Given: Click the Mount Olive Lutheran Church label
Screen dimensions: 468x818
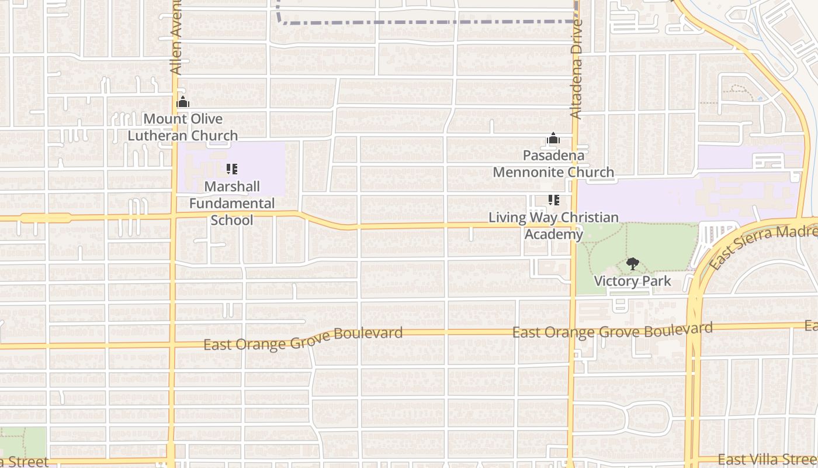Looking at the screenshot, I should (183, 127).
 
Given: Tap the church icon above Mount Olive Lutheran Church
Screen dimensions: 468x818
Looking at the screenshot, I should (183, 102).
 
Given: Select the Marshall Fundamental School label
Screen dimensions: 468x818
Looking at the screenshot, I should (232, 203).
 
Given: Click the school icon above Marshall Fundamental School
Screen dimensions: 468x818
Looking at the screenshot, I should (232, 169).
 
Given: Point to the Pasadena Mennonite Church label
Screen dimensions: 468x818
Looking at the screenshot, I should (553, 164).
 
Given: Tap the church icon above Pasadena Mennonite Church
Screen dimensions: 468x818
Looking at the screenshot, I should (553, 139).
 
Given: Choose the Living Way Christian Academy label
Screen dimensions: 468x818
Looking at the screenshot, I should (553, 226).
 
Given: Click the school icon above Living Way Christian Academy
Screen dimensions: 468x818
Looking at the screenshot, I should (554, 200).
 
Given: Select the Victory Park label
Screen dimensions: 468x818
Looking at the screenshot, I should (632, 281).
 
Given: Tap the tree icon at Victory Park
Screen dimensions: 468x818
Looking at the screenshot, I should (632, 264).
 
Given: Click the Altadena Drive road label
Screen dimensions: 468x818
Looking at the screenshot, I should (577, 70).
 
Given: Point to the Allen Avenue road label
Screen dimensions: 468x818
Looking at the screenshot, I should (176, 38).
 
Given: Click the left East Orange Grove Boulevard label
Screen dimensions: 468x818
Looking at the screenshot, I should (303, 339).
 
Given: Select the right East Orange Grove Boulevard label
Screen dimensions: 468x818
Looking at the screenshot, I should (612, 331).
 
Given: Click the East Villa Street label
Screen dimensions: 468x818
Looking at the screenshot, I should (767, 459).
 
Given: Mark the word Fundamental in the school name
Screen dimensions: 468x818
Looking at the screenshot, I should (232, 203).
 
